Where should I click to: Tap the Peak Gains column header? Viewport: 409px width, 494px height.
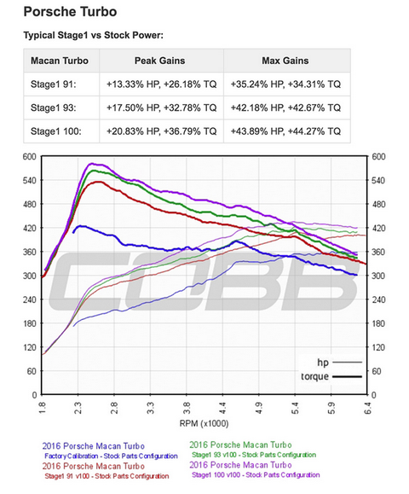(x=162, y=61)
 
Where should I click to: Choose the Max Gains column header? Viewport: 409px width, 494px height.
(x=286, y=61)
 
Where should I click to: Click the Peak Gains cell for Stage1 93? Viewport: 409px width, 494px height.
(x=162, y=108)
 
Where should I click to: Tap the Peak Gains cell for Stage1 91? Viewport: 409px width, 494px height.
(x=162, y=84)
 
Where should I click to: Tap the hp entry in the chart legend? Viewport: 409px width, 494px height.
(x=323, y=362)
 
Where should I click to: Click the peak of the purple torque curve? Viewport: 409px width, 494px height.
(x=94, y=163)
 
